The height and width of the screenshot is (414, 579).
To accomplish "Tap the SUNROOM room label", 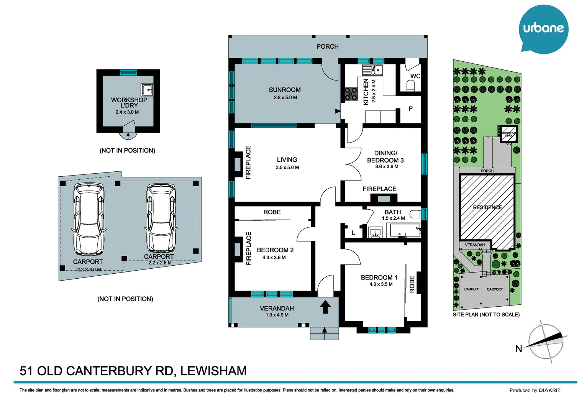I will tap(284, 90).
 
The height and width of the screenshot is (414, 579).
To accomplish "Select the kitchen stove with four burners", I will tap(351, 94).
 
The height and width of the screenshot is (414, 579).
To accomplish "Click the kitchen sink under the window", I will tap(372, 71).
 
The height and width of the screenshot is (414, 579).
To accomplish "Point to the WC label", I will tap(415, 76).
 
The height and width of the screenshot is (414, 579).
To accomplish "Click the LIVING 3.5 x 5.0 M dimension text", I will tap(287, 168).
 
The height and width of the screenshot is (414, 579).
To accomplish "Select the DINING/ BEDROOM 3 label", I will tap(385, 157).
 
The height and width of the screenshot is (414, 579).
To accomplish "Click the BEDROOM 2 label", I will tap(275, 250).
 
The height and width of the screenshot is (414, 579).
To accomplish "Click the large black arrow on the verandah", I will tap(325, 307).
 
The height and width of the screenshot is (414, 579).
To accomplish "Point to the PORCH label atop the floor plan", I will tap(327, 46).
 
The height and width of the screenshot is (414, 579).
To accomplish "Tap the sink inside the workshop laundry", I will tap(147, 90).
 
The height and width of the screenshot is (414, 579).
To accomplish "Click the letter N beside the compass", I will tap(518, 349).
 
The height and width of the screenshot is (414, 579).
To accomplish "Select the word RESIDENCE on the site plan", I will tap(487, 207).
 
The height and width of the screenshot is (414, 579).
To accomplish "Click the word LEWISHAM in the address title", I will tap(213, 371).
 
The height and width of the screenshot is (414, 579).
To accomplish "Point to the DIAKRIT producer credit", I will tap(549, 390).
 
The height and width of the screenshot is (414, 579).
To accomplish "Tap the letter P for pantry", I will tap(410, 109).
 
